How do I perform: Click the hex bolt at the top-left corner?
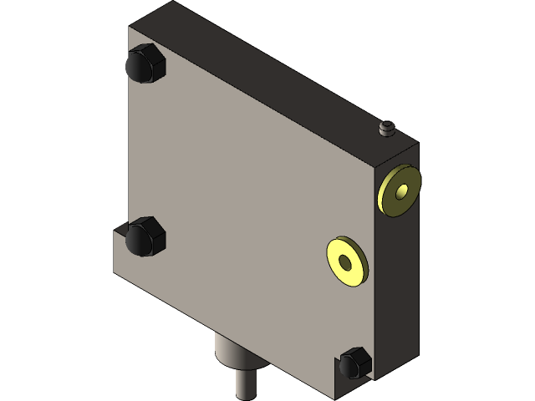point(144,64)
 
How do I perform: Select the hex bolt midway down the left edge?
point(145,236)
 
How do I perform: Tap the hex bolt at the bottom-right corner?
point(354,363)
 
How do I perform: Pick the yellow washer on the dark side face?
point(400,191)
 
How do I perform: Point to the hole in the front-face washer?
point(345,262)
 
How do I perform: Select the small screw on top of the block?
point(386,129)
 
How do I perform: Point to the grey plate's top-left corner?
point(130,28)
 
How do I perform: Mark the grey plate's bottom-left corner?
point(115,271)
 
